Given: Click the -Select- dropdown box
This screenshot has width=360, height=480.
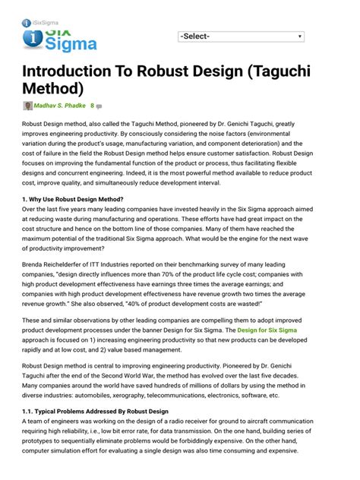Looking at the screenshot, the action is tap(241, 36).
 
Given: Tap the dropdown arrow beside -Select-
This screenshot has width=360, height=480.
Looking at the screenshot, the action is tap(300, 36).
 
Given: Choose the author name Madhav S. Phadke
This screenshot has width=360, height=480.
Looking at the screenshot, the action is tap(58, 106).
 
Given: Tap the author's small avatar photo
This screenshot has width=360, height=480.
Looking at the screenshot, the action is tap(28, 106).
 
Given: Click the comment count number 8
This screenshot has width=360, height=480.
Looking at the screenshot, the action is tap(92, 106).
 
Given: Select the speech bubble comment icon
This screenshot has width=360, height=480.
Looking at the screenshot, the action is tap(99, 106).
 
